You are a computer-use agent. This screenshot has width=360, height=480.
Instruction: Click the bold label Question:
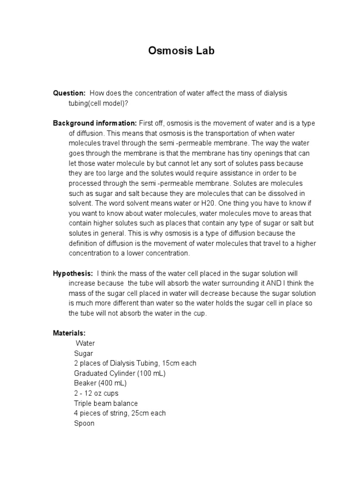point(69,93)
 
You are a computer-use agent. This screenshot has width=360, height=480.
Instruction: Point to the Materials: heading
point(69,333)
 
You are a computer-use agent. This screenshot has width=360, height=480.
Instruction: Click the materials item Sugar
point(83,353)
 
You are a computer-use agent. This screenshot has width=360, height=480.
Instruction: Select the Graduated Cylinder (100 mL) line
point(120,373)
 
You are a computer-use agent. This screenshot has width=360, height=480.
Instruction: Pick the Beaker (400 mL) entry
point(100,383)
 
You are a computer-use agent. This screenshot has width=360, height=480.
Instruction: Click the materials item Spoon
point(84,423)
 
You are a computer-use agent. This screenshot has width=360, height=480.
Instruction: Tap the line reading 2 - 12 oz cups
point(96,393)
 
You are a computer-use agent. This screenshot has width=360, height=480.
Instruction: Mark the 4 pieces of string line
point(120,413)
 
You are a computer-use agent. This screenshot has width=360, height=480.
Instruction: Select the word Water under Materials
point(85,343)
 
